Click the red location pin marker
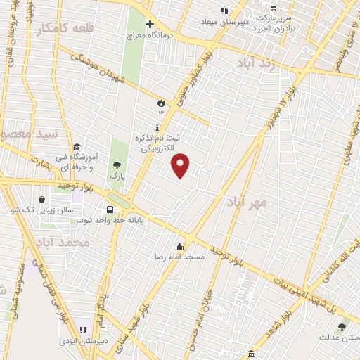pyautogui.click(x=181, y=165)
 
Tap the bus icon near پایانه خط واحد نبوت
pyautogui.click(x=110, y=210)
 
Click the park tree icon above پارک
pyautogui.click(x=117, y=165)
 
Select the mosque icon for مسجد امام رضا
pyautogui.click(x=181, y=246)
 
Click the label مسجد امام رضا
pyautogui.click(x=181, y=257)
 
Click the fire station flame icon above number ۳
pyautogui.click(x=161, y=103)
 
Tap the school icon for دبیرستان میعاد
pyautogui.click(x=224, y=11)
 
